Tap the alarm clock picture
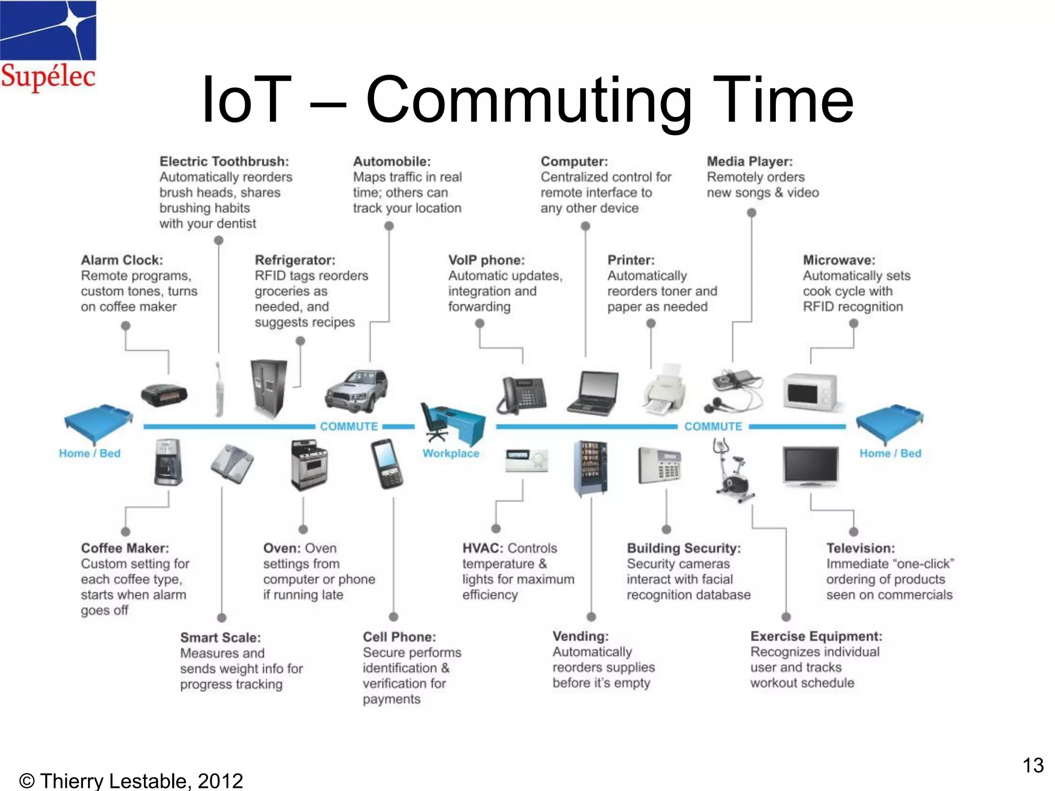coord(164,395)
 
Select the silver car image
coord(356,391)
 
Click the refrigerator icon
coord(268,388)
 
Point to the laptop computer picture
coord(594,392)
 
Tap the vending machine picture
coord(591,468)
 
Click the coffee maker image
coord(168,462)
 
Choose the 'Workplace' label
coord(451,454)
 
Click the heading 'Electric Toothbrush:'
coord(224,162)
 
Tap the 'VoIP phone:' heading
coord(486,260)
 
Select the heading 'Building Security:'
coord(684,548)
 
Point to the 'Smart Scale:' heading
coord(220,638)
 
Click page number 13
coord(1033,765)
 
